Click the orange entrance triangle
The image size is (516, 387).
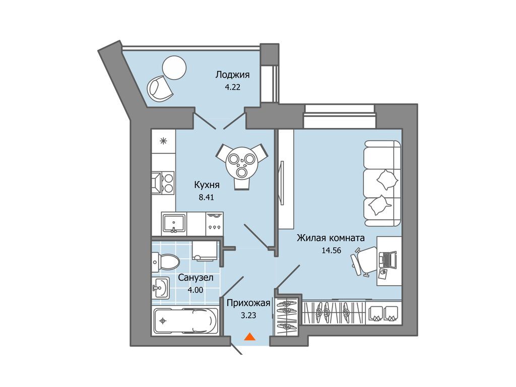tap(250, 337)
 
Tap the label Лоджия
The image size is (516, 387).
tap(232, 75)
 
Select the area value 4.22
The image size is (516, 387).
tap(232, 87)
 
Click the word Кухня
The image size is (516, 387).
tap(207, 185)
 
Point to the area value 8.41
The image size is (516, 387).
tap(206, 198)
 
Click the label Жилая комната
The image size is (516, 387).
tap(331, 238)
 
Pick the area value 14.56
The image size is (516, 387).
tap(331, 250)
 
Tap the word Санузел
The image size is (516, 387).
tap(196, 278)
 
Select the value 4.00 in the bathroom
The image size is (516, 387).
tap(196, 290)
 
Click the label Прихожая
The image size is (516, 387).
tap(248, 303)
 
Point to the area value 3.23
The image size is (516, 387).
tap(248, 315)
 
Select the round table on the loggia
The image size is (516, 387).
tap(174, 68)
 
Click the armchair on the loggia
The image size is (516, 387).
tap(160, 88)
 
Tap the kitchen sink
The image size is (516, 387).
tap(174, 223)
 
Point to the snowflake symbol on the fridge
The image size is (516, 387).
tap(163, 141)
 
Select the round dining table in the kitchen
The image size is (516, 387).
tap(242, 162)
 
